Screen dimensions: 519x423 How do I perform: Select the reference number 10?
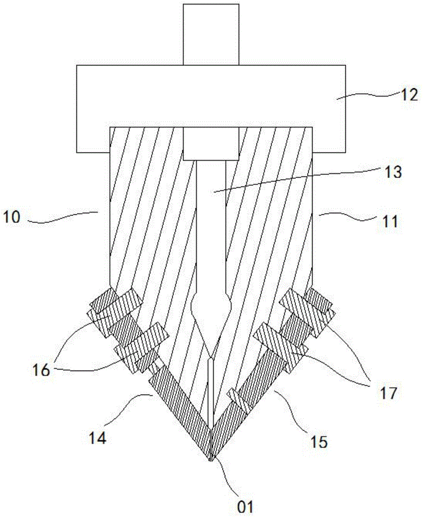click(14, 216)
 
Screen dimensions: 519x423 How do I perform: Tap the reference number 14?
click(97, 438)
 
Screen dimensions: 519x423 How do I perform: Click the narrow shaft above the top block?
click(211, 34)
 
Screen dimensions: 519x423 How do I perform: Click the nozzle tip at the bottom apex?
click(211, 457)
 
